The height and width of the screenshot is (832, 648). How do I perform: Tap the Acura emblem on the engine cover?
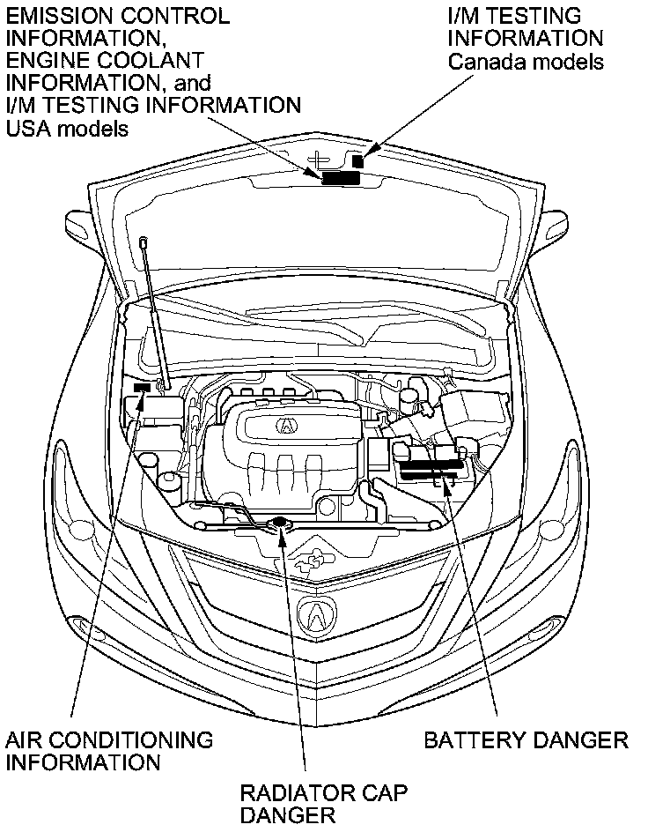point(288,425)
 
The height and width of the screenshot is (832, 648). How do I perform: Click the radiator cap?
point(280,525)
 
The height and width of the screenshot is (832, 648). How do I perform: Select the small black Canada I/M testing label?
point(358,161)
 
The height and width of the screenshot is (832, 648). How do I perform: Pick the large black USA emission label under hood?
point(340,177)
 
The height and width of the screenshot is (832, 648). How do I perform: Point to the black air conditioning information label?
point(140,388)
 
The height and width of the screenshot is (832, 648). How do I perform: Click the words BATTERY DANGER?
point(526,739)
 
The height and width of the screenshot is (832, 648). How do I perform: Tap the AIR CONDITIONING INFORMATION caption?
point(109,750)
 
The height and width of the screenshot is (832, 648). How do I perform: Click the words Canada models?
point(526,62)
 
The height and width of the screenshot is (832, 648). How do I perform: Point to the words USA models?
point(67,129)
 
